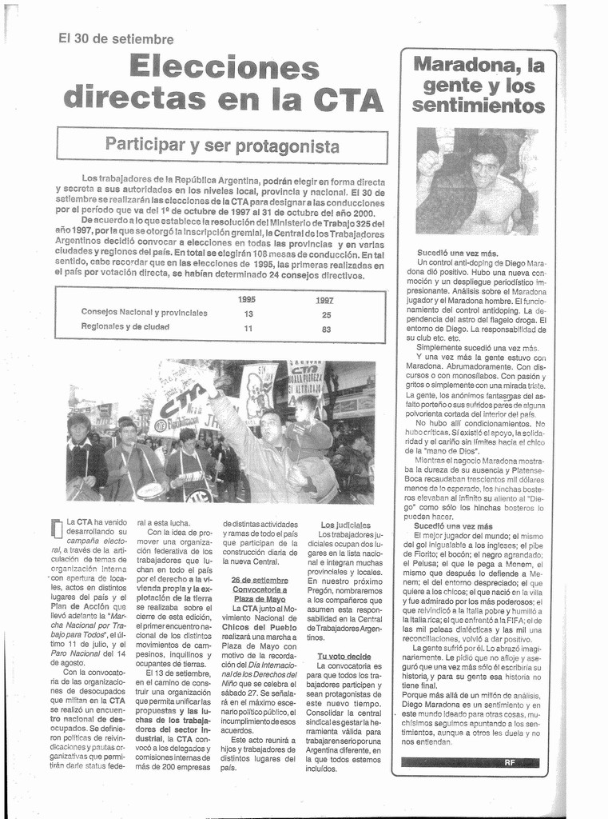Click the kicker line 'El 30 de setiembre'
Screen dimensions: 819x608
click(116, 38)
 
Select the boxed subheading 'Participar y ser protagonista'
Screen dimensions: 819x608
click(222, 146)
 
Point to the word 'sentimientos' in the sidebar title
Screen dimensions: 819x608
click(479, 104)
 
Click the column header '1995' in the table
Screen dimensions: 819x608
click(247, 299)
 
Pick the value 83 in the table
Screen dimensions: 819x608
click(326, 328)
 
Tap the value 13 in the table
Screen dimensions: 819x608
click(248, 314)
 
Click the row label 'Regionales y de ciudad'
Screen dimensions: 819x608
click(125, 326)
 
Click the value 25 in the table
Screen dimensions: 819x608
click(326, 314)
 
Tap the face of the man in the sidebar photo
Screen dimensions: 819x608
click(484, 168)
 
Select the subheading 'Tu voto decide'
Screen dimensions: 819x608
click(344, 657)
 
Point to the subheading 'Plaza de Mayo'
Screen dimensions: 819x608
click(259, 598)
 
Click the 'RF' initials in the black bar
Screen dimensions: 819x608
click(509, 762)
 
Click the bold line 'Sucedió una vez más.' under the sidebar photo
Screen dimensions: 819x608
click(457, 253)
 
